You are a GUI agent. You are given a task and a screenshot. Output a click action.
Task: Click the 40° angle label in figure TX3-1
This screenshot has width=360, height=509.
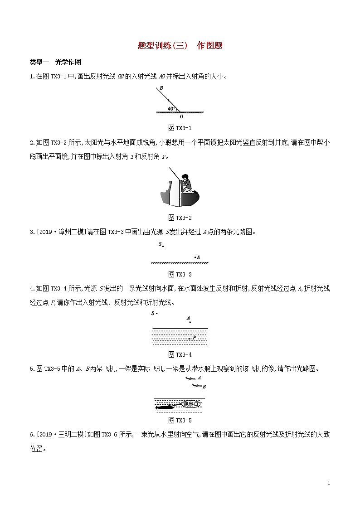171,109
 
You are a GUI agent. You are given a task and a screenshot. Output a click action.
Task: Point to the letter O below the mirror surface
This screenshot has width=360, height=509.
181,116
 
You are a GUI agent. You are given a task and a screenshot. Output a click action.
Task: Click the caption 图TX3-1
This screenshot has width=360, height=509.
180,128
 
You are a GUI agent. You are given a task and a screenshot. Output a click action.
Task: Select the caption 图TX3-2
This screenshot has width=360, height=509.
180,218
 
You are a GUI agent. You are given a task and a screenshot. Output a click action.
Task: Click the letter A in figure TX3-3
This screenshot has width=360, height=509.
198,257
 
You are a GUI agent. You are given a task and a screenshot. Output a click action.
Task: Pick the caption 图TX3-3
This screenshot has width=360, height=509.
180,274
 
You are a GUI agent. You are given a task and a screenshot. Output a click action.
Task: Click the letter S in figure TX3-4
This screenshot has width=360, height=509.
153,313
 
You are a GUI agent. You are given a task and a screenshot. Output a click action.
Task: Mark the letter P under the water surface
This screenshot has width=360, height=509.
194,338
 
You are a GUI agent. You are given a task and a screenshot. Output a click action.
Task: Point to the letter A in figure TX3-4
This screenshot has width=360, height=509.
188,318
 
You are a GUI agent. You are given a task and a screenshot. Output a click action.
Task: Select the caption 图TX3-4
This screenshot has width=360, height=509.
180,354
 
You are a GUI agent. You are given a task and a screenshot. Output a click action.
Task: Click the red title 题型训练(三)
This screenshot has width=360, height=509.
162,45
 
